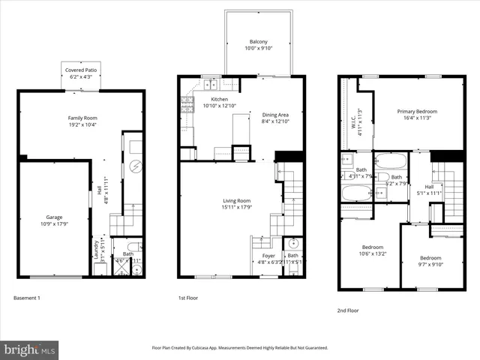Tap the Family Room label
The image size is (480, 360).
tap(82, 121)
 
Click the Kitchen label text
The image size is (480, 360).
tap(219, 103)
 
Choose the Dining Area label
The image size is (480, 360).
tap(274, 118)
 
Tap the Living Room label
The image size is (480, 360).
tap(236, 203)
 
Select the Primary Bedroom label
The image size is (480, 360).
tap(417, 115)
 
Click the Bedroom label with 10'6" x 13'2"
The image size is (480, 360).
tap(373, 250)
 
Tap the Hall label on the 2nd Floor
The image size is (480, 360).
tap(428, 190)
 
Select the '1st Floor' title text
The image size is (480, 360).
tap(189, 298)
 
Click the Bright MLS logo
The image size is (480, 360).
tap(30, 349)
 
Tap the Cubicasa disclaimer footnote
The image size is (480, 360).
tap(240, 348)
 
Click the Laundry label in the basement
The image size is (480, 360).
tap(96, 249)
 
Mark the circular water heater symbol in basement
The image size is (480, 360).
tap(136, 166)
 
